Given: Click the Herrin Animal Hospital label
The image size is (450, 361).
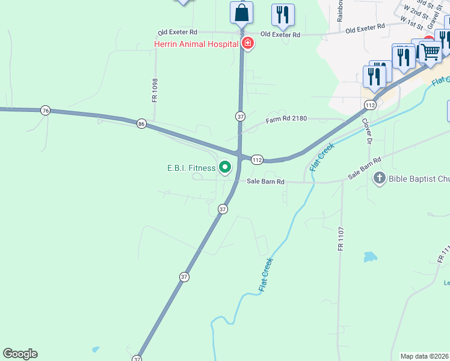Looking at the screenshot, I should click(196, 44).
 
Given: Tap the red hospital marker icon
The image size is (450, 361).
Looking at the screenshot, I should click(247, 43).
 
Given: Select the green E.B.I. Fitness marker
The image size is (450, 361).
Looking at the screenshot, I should click(226, 167).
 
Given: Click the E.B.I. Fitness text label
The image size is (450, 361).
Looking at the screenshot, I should click(191, 168).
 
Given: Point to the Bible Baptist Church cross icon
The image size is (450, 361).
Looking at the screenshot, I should click(379, 178).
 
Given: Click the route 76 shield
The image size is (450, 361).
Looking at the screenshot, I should click(45, 110).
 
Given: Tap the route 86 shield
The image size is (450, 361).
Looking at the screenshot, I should click(141, 123).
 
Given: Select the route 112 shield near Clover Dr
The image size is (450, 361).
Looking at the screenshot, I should click(369, 105).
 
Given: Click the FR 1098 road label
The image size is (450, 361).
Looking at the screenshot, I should click(155, 90).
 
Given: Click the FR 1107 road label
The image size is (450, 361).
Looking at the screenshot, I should click(341, 239).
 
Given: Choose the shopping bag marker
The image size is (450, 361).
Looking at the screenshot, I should click(241, 12).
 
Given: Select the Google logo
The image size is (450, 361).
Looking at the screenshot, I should click(20, 354).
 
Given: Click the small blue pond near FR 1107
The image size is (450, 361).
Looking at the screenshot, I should click(369, 257).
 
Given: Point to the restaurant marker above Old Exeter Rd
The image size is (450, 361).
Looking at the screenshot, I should click(282, 14).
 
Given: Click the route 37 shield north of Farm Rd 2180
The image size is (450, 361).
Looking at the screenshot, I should click(239, 116).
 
